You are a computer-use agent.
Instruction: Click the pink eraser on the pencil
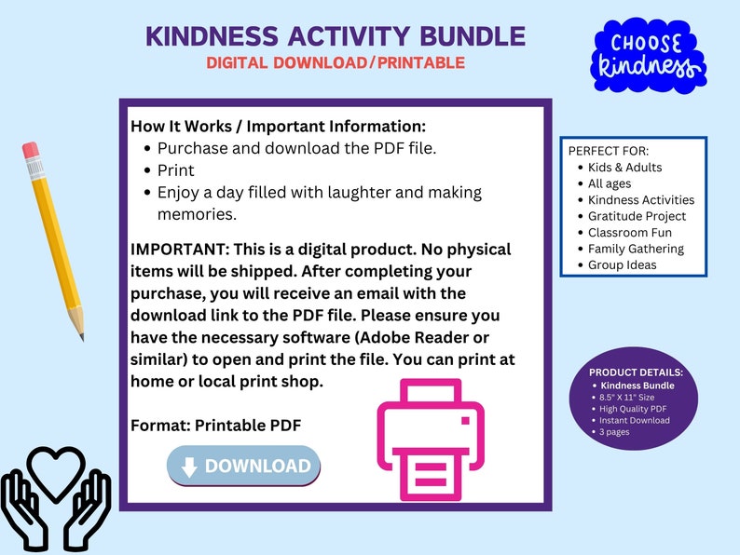pyautogui.click(x=31, y=150)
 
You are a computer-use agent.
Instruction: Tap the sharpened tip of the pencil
pyautogui.click(x=81, y=336)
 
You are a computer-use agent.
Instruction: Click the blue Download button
pyautogui.click(x=244, y=467)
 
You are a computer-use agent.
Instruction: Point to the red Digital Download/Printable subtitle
pyautogui.click(x=336, y=63)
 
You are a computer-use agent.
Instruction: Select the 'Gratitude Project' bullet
pyautogui.click(x=637, y=216)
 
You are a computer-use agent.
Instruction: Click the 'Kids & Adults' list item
pyautogui.click(x=624, y=168)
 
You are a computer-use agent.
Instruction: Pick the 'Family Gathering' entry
pyautogui.click(x=636, y=249)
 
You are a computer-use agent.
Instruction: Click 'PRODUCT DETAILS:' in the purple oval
pyautogui.click(x=637, y=372)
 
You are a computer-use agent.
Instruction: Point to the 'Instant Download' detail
pyautogui.click(x=635, y=420)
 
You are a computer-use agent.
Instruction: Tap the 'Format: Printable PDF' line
pyautogui.click(x=215, y=425)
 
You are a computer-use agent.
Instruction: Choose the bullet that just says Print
pyautogui.click(x=175, y=170)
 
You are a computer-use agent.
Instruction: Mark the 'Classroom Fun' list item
pyautogui.click(x=630, y=232)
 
